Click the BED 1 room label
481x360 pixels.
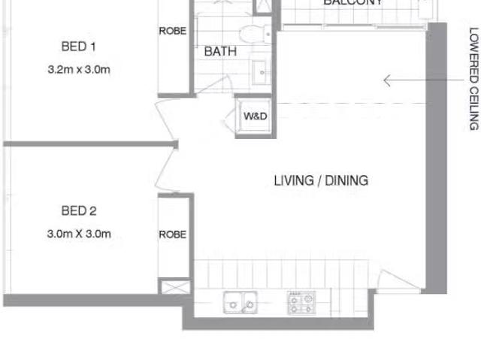(78, 47)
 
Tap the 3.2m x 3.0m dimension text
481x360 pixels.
(78, 71)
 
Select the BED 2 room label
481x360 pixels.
(78, 211)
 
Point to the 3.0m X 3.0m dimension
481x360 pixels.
(78, 234)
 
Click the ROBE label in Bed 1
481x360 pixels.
(172, 31)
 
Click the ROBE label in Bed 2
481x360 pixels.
(172, 234)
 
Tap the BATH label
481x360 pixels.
(220, 52)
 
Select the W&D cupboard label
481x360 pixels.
(256, 116)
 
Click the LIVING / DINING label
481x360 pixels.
(321, 180)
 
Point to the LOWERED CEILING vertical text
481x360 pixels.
(473, 79)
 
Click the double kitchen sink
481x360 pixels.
(239, 303)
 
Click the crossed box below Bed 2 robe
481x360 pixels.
(169, 287)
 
